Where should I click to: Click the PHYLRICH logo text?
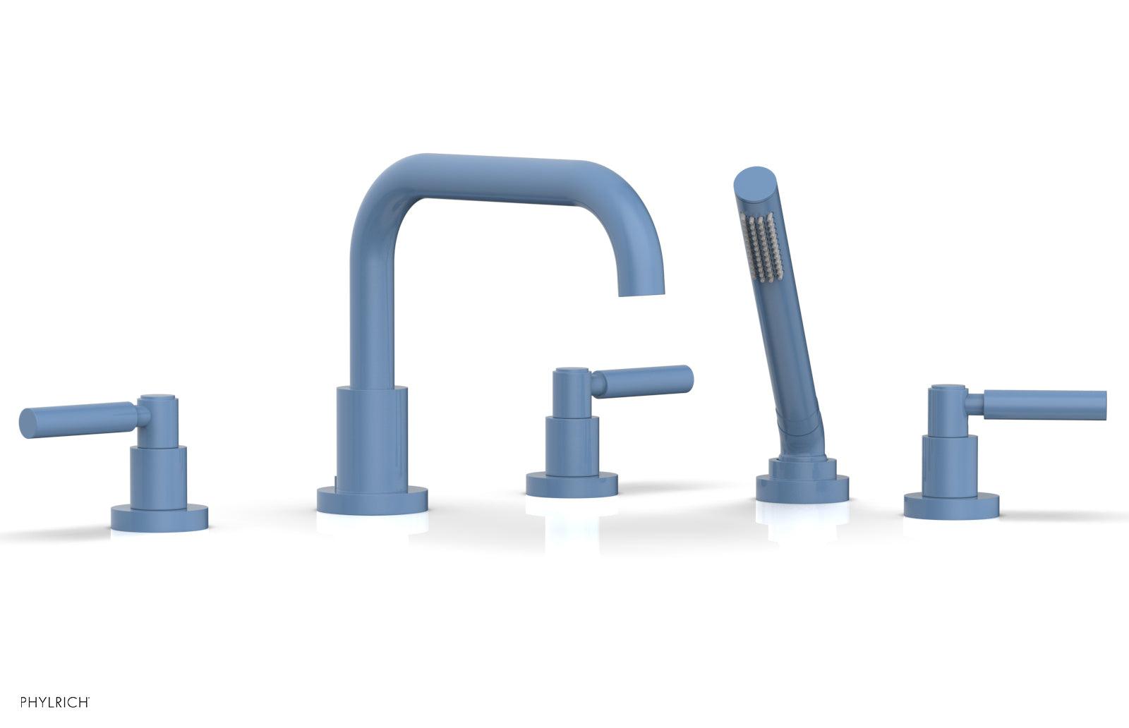pyautogui.click(x=54, y=702)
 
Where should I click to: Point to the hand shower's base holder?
pyautogui.click(x=802, y=487)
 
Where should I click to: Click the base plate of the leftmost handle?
pyautogui.click(x=159, y=518)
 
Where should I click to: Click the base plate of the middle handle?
pyautogui.click(x=572, y=485)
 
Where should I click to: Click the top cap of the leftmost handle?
pyautogui.click(x=158, y=399)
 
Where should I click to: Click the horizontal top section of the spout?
pyautogui.click(x=508, y=173)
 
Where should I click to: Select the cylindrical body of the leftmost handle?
pyautogui.click(x=158, y=476)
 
